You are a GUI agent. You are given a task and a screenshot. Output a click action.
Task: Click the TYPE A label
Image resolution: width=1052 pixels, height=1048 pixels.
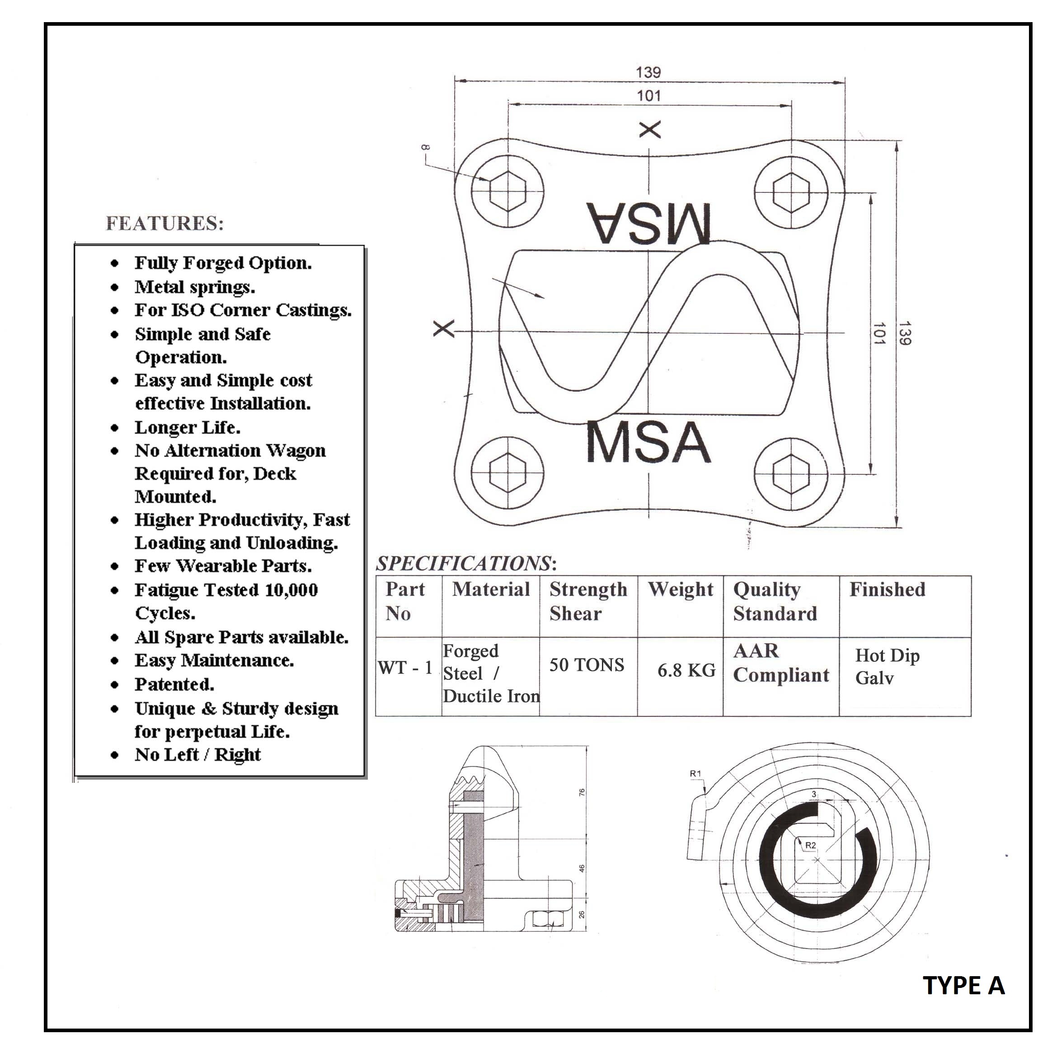963,985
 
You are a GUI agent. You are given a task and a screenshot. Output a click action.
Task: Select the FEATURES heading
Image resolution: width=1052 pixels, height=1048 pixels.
164,223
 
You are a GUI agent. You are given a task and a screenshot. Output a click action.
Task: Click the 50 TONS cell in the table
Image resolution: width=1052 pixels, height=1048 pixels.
587,665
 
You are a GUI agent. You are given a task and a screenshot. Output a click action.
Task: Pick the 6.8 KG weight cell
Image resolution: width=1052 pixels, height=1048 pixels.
686,670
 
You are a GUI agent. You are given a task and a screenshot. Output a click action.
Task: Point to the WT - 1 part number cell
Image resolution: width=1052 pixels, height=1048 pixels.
405,668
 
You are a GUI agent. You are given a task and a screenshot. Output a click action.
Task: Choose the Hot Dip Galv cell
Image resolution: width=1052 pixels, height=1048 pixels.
887,666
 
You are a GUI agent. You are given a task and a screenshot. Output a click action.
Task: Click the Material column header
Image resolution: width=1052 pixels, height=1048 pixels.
491,589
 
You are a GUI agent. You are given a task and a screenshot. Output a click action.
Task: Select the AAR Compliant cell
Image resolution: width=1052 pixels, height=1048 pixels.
781,663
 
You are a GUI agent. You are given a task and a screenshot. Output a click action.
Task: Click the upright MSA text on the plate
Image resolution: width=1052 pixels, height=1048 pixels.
648,442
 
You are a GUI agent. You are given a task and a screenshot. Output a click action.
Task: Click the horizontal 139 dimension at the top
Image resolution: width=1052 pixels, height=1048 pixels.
648,72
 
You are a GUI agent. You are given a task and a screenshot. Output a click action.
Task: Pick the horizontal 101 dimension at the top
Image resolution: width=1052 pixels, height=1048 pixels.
648,96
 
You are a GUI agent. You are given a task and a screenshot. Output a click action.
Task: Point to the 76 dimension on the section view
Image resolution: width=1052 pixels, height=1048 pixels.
582,793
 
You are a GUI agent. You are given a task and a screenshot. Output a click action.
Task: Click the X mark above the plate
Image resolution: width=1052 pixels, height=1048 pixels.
649,130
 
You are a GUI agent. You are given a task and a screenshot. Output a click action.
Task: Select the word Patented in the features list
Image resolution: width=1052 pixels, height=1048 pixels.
174,684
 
